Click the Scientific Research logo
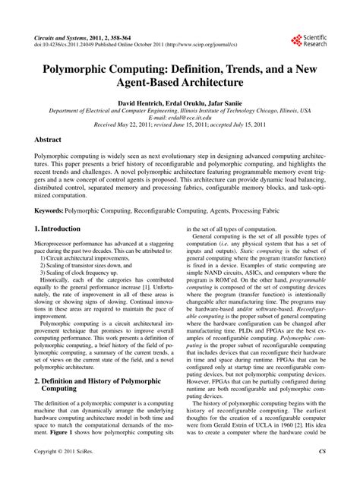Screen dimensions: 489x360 coord(308,39)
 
